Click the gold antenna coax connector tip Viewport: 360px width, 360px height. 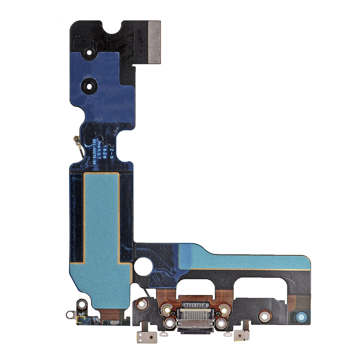tap(76, 138)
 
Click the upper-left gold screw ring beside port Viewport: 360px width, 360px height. tap(166, 309)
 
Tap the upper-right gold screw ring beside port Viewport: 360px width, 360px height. tap(224, 309)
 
